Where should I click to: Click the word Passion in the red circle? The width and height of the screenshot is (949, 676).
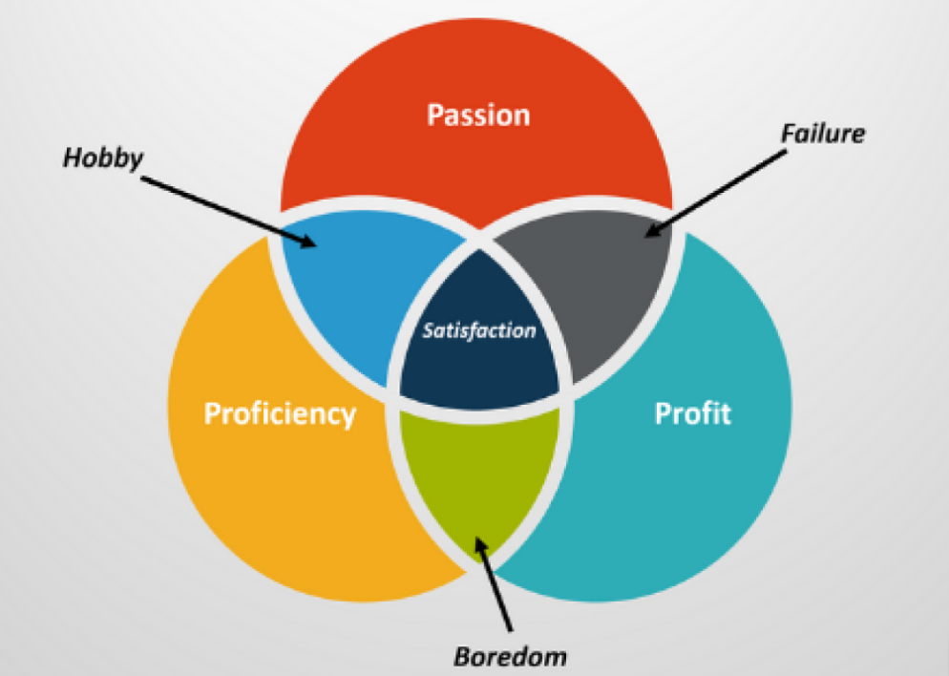(x=478, y=115)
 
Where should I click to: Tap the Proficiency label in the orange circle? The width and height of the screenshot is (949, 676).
(x=280, y=414)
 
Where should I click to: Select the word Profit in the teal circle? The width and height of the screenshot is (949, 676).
(x=693, y=413)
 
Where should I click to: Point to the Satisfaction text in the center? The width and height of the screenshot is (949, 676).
(x=478, y=330)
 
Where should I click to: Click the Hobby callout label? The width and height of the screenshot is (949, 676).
(x=103, y=158)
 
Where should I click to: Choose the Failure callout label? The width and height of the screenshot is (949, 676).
(x=823, y=134)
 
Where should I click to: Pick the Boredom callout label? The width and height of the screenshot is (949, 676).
(x=510, y=657)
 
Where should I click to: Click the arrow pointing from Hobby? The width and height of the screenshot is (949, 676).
(x=229, y=211)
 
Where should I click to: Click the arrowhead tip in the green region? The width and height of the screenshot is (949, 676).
(x=476, y=537)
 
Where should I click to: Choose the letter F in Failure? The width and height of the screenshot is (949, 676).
(x=788, y=134)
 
